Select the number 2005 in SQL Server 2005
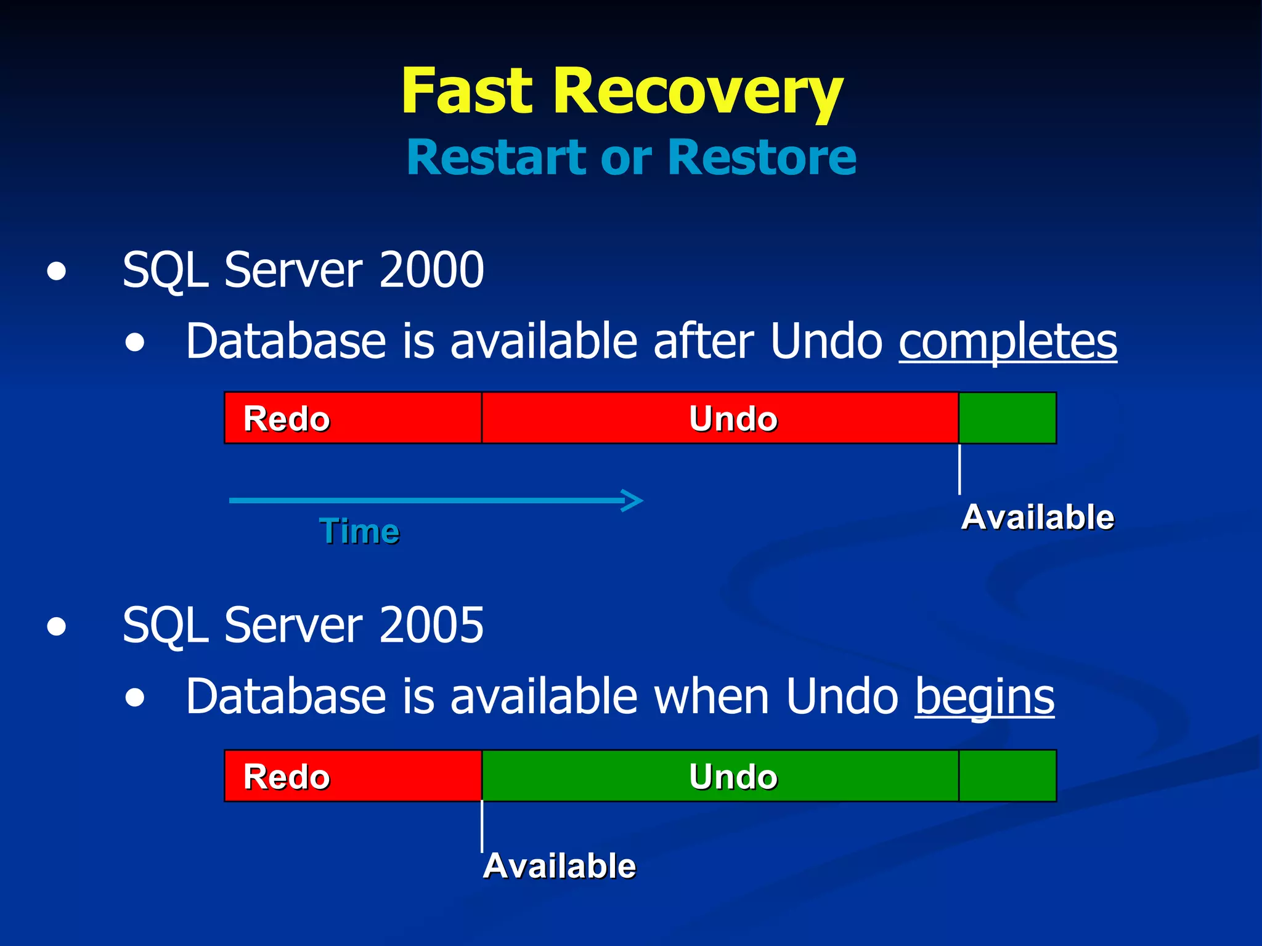[x=431, y=625]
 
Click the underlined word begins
[x=985, y=697]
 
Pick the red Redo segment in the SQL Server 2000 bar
[x=352, y=418]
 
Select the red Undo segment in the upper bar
[x=720, y=418]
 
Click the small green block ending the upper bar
[x=1008, y=418]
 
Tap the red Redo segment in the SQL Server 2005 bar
[x=352, y=776]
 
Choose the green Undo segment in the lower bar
[x=720, y=776]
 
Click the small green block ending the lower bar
[x=1008, y=776]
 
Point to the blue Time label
[x=359, y=531]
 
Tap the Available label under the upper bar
[x=1038, y=517]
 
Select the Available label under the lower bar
[x=559, y=866]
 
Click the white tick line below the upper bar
[x=959, y=469]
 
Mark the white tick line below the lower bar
[x=482, y=827]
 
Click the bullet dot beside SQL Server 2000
[x=57, y=271]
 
